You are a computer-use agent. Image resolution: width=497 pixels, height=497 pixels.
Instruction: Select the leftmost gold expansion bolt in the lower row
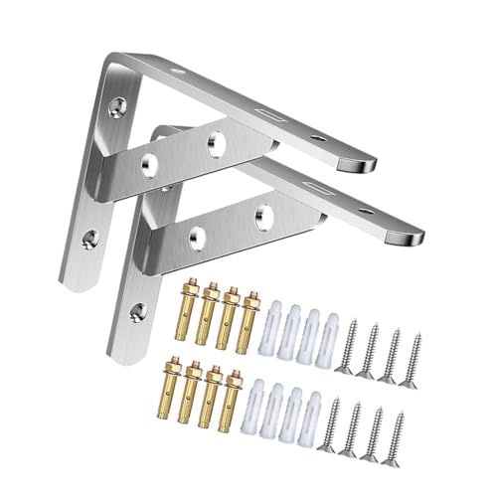point(191,401)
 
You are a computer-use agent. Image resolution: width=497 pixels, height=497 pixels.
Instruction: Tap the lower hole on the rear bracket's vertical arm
point(91,237)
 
